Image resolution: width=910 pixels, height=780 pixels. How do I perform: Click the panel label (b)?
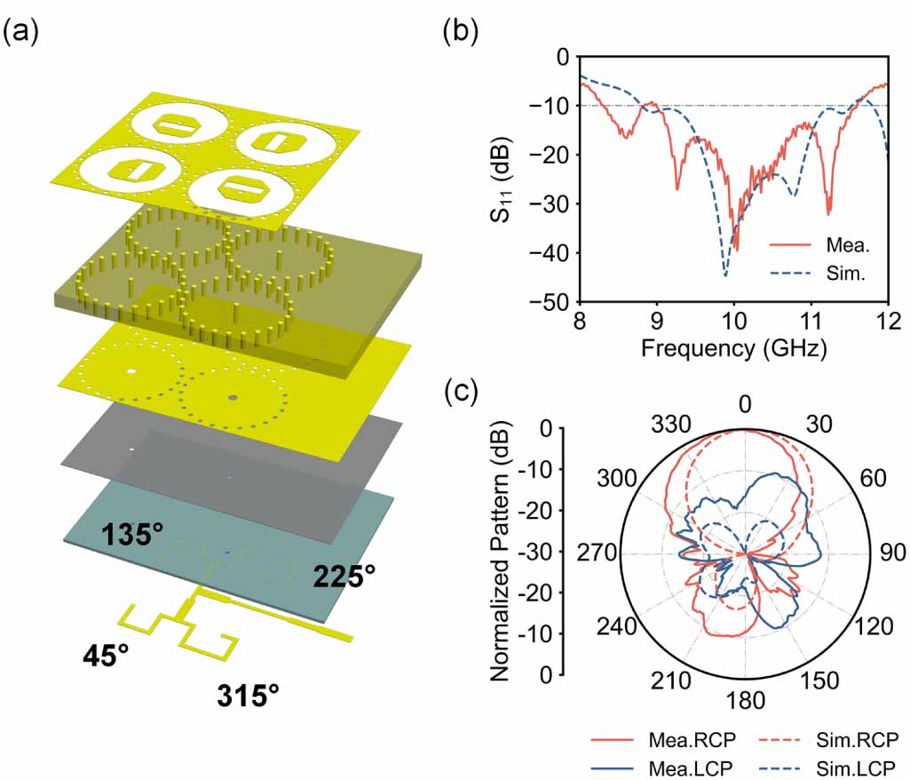(x=461, y=33)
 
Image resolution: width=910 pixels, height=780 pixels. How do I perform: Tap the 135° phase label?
(x=131, y=535)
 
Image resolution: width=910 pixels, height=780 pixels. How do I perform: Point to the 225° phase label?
(x=344, y=577)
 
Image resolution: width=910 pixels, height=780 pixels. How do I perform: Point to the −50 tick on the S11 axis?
(x=545, y=303)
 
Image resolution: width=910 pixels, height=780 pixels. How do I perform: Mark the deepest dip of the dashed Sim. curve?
(x=725, y=275)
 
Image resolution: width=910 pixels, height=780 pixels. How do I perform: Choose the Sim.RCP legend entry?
(x=839, y=740)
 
